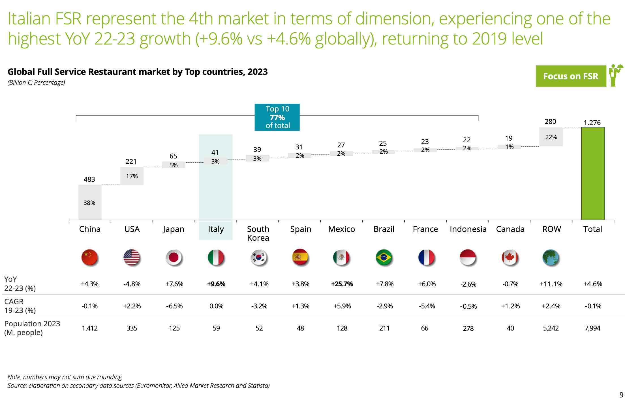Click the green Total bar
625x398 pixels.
593,173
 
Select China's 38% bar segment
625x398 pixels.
90,202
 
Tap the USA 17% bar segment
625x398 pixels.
132,176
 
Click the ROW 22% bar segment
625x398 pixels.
551,137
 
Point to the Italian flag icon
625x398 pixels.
216,257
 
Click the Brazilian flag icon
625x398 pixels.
384,257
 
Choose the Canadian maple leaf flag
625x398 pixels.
510,257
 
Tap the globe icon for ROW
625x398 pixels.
551,257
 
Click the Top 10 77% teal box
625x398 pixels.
277,117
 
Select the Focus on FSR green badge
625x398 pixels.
571,76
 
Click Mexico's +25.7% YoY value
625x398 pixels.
342,284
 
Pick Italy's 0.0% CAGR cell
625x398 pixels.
216,306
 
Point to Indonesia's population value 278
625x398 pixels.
468,328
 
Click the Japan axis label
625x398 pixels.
174,229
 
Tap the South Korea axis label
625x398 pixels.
258,233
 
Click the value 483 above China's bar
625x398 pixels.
89,179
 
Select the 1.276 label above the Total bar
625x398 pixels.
592,122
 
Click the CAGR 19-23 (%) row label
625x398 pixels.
20,306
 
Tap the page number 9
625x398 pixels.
621,395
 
